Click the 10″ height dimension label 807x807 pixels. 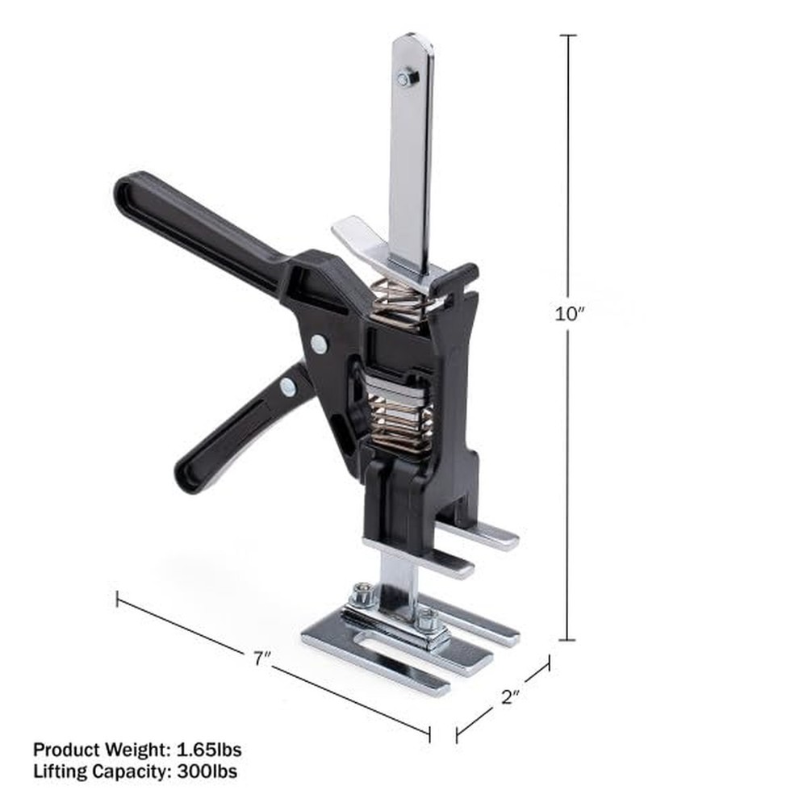(x=568, y=315)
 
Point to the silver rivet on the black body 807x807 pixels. (x=320, y=345)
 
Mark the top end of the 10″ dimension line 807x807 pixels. (x=568, y=36)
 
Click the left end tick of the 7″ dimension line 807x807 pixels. (x=118, y=599)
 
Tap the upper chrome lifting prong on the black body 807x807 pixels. (x=484, y=533)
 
